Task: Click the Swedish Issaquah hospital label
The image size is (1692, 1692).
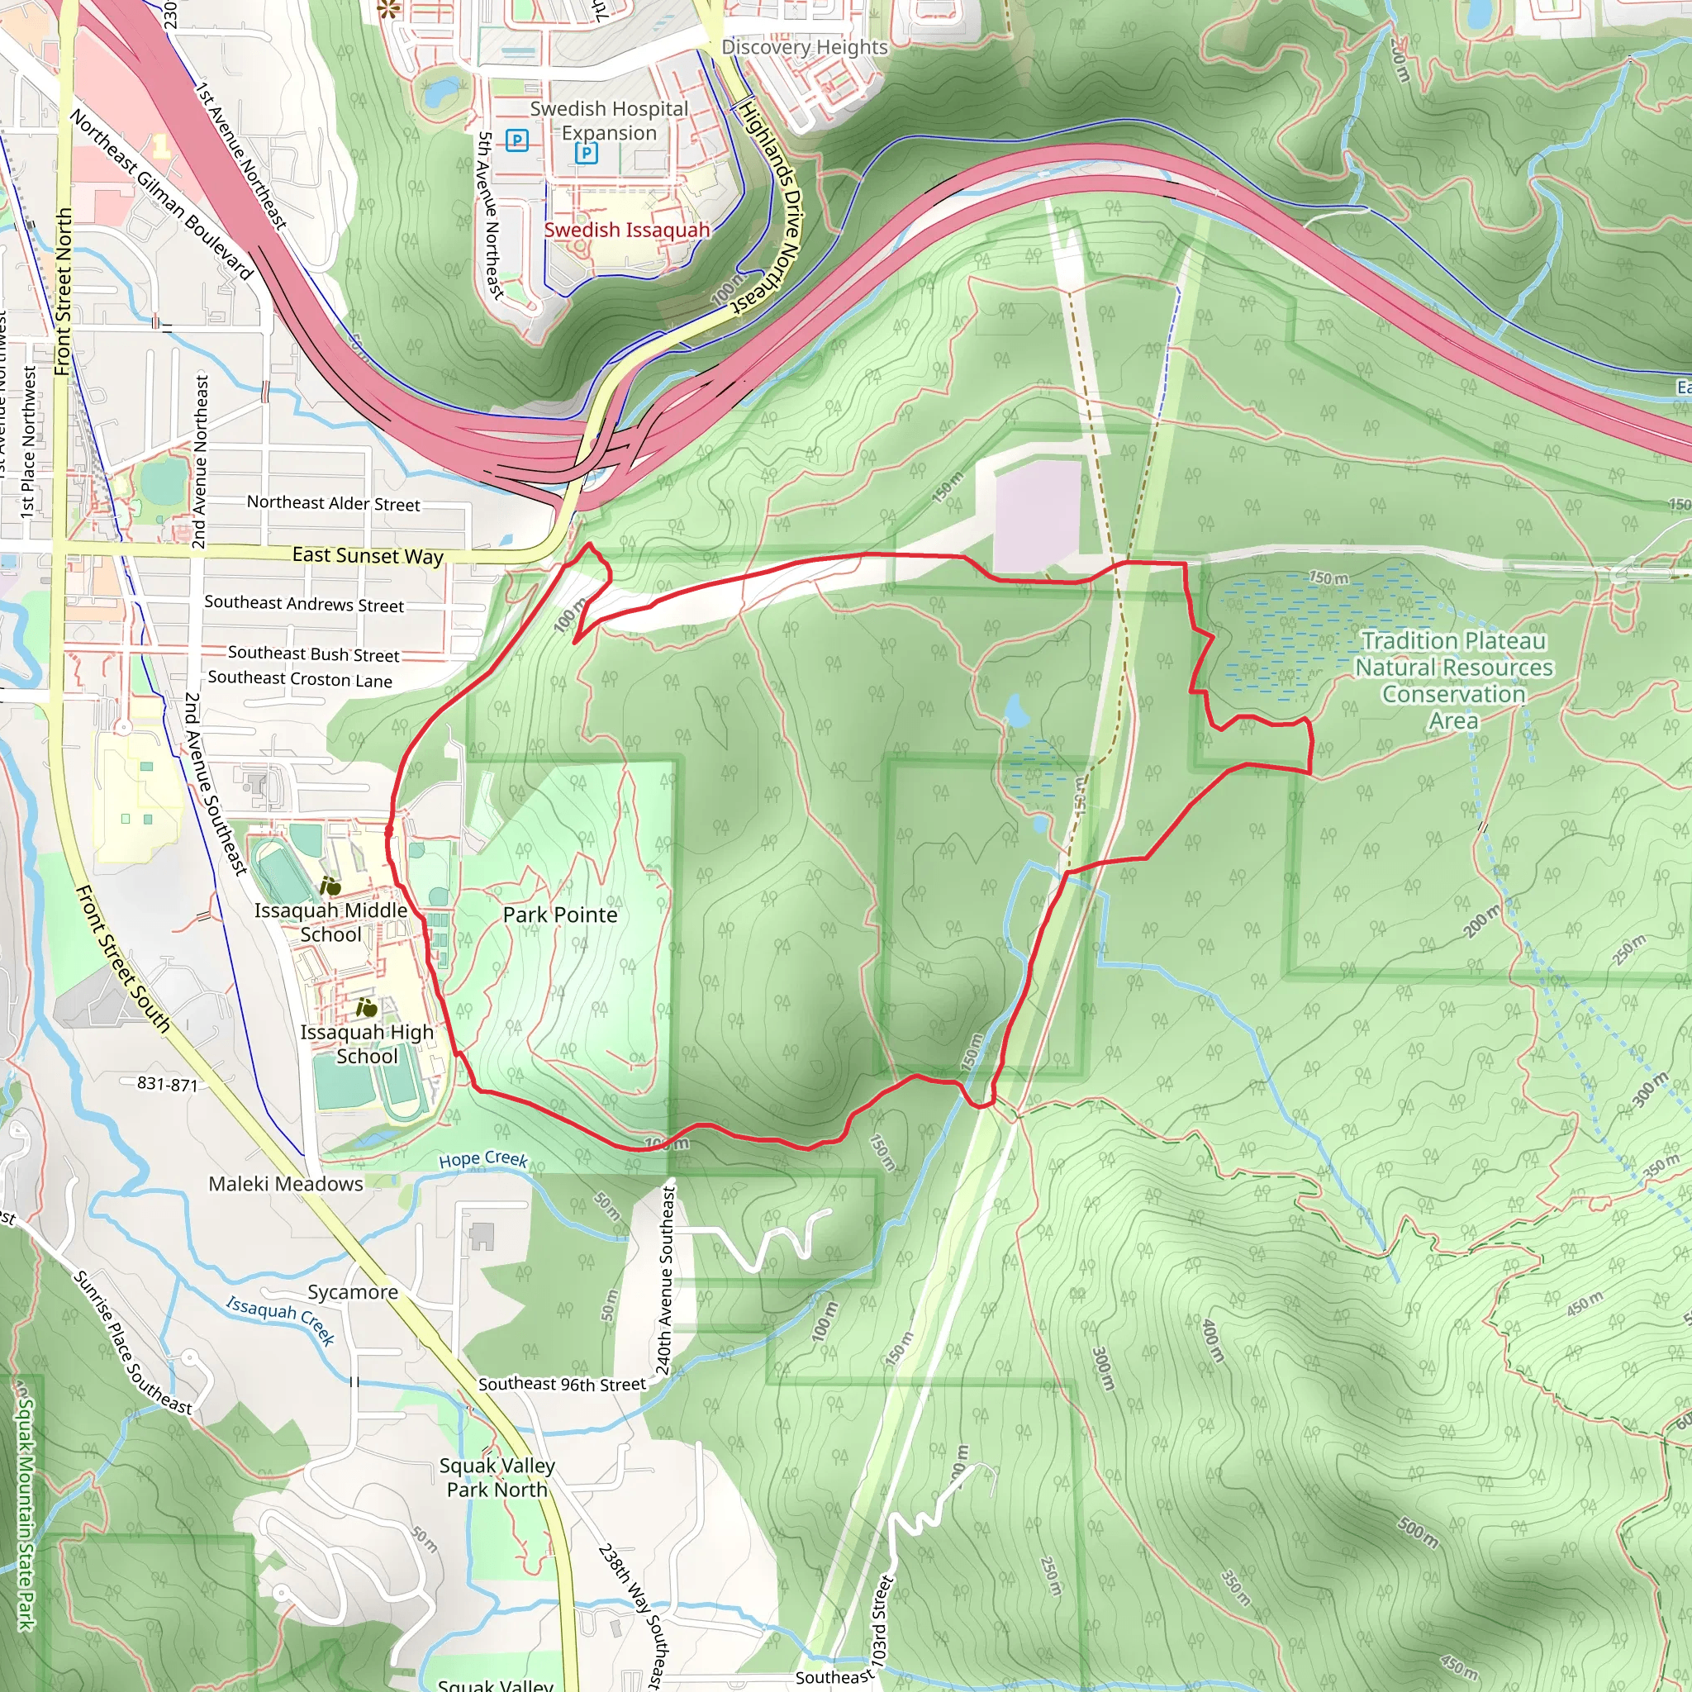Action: (x=626, y=230)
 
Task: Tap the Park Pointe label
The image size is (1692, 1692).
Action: (x=559, y=915)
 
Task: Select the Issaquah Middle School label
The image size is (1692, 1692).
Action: (x=331, y=922)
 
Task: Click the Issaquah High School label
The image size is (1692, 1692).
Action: (x=367, y=1044)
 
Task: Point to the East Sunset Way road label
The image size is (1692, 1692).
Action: (x=368, y=555)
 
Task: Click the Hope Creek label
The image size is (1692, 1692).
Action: (x=482, y=1158)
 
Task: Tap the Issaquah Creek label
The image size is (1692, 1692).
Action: (x=280, y=1319)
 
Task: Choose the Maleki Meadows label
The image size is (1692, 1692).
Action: (x=286, y=1184)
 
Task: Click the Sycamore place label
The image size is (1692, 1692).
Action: (x=352, y=1292)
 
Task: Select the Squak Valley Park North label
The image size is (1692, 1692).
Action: (x=497, y=1477)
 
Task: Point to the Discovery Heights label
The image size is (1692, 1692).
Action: (x=804, y=47)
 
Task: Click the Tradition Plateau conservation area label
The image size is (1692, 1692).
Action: (x=1454, y=681)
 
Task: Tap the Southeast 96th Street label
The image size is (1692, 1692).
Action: (x=561, y=1384)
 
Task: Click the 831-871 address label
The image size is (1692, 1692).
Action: (x=167, y=1083)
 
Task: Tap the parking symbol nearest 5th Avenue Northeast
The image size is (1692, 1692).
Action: (x=516, y=140)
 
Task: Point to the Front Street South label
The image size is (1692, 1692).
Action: (x=122, y=958)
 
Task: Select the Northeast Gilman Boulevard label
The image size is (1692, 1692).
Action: (x=162, y=194)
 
